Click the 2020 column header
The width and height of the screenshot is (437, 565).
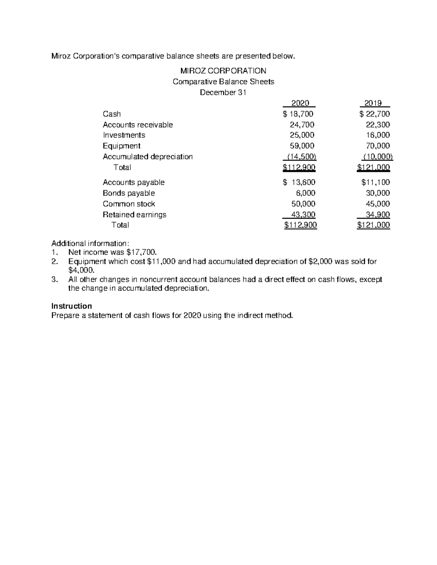pos(300,103)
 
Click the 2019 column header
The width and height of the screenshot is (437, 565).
pos(375,103)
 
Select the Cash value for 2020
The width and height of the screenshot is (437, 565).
pos(298,114)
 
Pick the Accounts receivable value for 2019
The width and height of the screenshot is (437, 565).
pos(378,125)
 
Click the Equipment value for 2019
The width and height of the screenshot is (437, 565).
pos(378,146)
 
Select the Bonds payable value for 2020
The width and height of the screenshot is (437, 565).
pos(306,193)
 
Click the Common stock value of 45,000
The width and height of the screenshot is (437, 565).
pos(378,204)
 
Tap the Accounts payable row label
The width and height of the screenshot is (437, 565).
pos(134,182)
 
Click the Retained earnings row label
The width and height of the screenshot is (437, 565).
pos(134,215)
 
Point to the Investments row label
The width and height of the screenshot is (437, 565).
pos(124,135)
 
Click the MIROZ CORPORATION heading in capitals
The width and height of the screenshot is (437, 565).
pos(223,71)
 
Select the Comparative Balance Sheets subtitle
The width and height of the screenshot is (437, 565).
pos(223,81)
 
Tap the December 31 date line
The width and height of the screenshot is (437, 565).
pos(223,92)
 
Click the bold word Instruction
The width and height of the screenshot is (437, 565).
pos(71,306)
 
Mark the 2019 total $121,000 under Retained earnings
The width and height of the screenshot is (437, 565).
pos(374,225)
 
